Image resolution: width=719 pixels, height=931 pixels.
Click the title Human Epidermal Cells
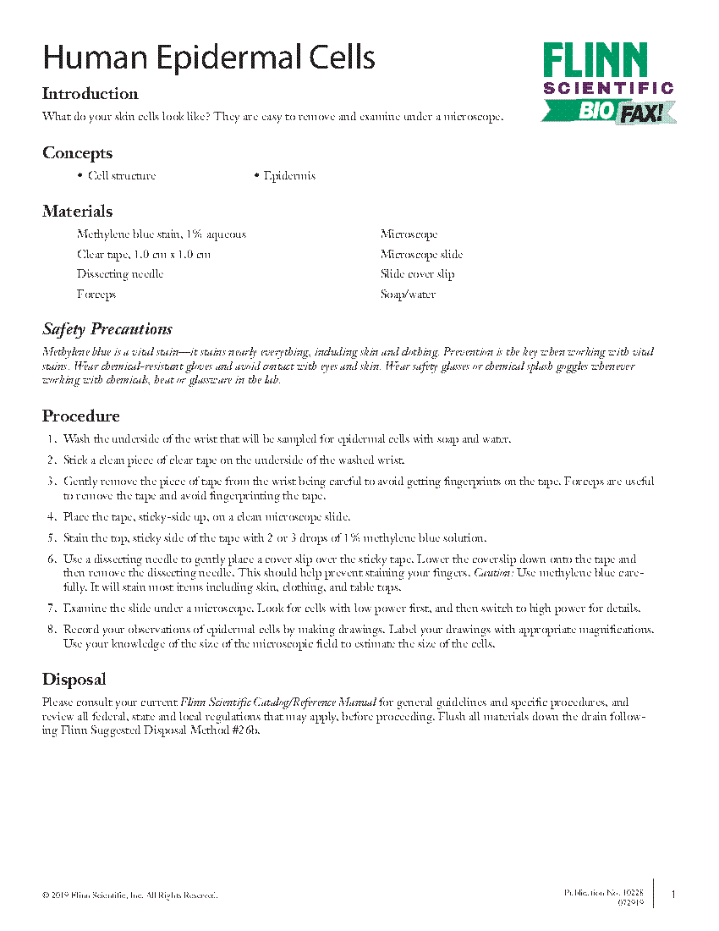[x=209, y=58]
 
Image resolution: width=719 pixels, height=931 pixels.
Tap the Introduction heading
[x=91, y=94]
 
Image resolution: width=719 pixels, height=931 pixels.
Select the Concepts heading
[x=77, y=153]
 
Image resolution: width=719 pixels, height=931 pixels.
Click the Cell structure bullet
[x=122, y=176]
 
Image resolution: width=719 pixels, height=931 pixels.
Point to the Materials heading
[x=78, y=212]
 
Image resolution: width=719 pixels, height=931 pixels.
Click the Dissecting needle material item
[x=120, y=274]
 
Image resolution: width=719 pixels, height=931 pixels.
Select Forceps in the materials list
[x=96, y=295]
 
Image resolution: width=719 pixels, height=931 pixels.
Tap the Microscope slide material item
[x=421, y=255]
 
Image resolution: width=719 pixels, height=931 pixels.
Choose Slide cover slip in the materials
[x=417, y=274]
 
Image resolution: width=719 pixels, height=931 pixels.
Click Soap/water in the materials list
[x=408, y=295]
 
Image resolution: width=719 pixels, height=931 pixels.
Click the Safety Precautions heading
[x=107, y=329]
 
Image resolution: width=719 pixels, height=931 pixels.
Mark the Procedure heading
[x=81, y=416]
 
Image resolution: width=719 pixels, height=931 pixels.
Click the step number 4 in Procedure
[x=52, y=517]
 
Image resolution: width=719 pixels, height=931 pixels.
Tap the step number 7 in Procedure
[x=52, y=609]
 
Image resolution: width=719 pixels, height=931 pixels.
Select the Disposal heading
[x=74, y=680]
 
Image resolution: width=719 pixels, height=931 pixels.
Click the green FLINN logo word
[x=596, y=60]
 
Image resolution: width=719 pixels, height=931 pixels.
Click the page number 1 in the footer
[x=673, y=895]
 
